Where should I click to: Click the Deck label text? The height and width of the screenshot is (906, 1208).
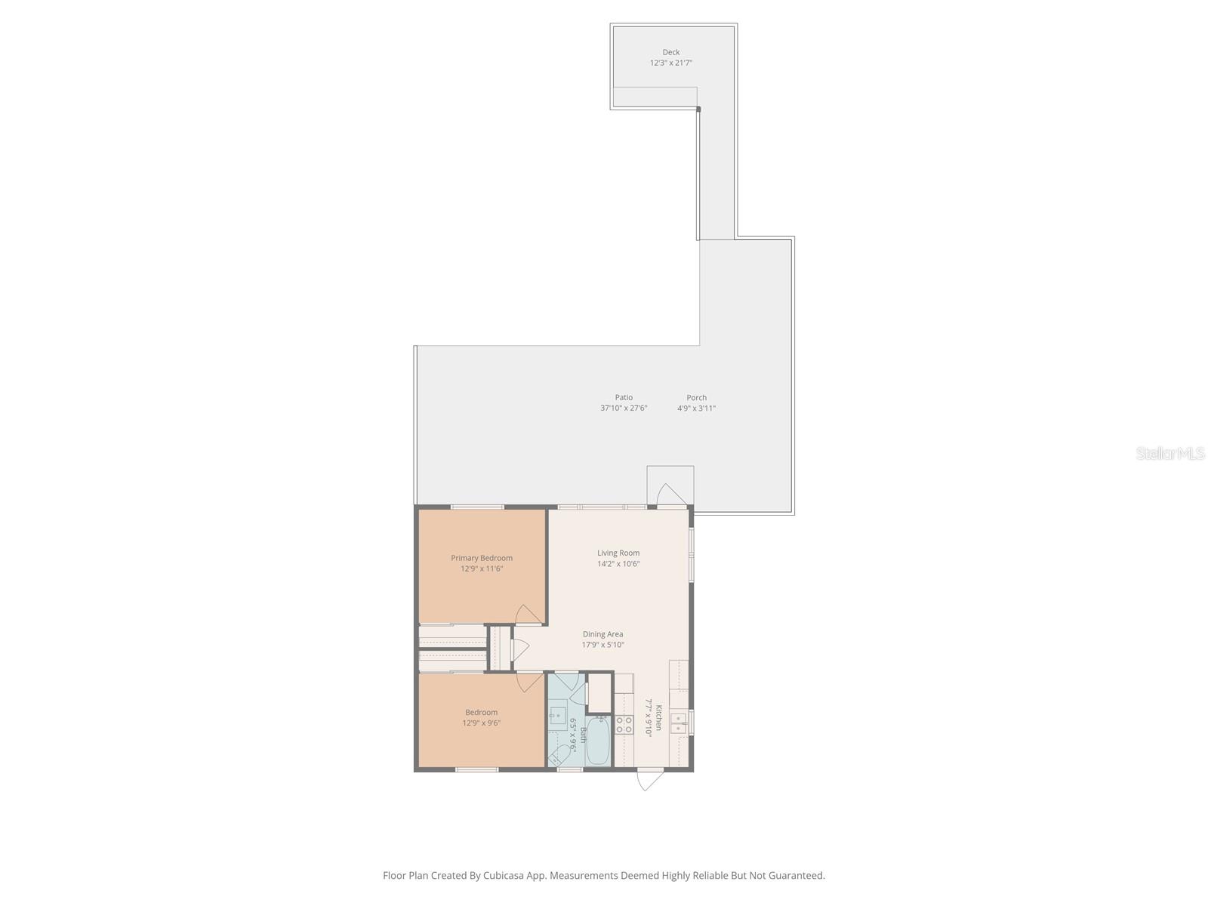pos(670,52)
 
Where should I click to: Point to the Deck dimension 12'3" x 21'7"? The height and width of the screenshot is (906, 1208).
pos(670,63)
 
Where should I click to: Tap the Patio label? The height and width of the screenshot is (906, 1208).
pos(624,397)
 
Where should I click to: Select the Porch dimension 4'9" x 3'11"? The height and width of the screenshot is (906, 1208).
pos(696,408)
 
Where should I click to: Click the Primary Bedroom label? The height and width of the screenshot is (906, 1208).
pos(482,558)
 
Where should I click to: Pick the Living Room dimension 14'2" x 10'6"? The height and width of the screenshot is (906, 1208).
pos(618,564)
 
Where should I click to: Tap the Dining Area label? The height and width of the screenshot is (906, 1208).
pos(602,634)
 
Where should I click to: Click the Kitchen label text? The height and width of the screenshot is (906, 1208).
pos(658,717)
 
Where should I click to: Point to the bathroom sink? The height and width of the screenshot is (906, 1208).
pos(558,715)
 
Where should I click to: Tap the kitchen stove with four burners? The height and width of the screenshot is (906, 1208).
pos(624,726)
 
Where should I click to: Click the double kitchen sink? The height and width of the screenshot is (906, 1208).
pos(679,723)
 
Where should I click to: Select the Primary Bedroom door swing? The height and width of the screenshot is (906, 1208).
pos(528,615)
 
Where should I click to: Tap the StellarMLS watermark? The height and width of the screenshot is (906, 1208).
pos(1169,454)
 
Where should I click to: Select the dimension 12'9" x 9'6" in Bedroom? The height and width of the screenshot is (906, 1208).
pos(482,723)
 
